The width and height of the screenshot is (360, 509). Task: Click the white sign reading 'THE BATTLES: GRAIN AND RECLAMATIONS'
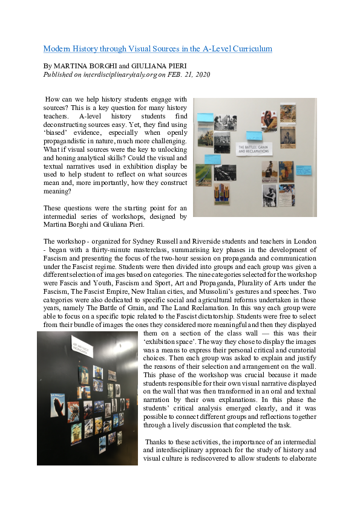(249, 149)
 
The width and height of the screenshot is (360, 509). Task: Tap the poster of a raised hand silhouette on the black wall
(59, 404)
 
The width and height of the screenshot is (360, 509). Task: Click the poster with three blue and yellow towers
(222, 193)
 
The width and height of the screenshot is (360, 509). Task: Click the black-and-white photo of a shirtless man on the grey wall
(269, 194)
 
